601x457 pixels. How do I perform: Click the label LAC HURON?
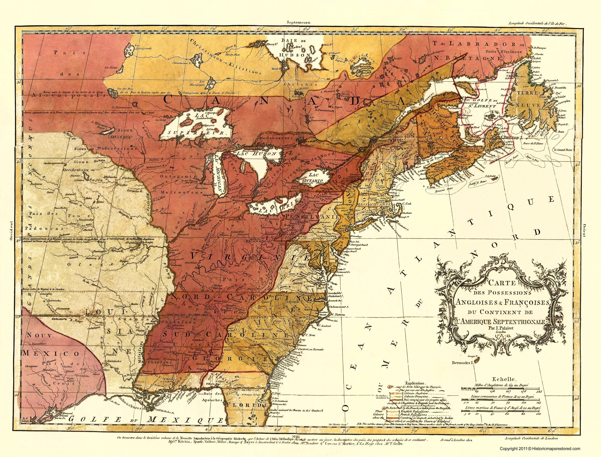coord(257,154)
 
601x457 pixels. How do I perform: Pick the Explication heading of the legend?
coord(415,383)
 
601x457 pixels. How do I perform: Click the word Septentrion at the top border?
coord(298,23)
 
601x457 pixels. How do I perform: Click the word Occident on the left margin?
coord(11,230)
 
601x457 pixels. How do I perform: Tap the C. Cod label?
coord(407,204)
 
